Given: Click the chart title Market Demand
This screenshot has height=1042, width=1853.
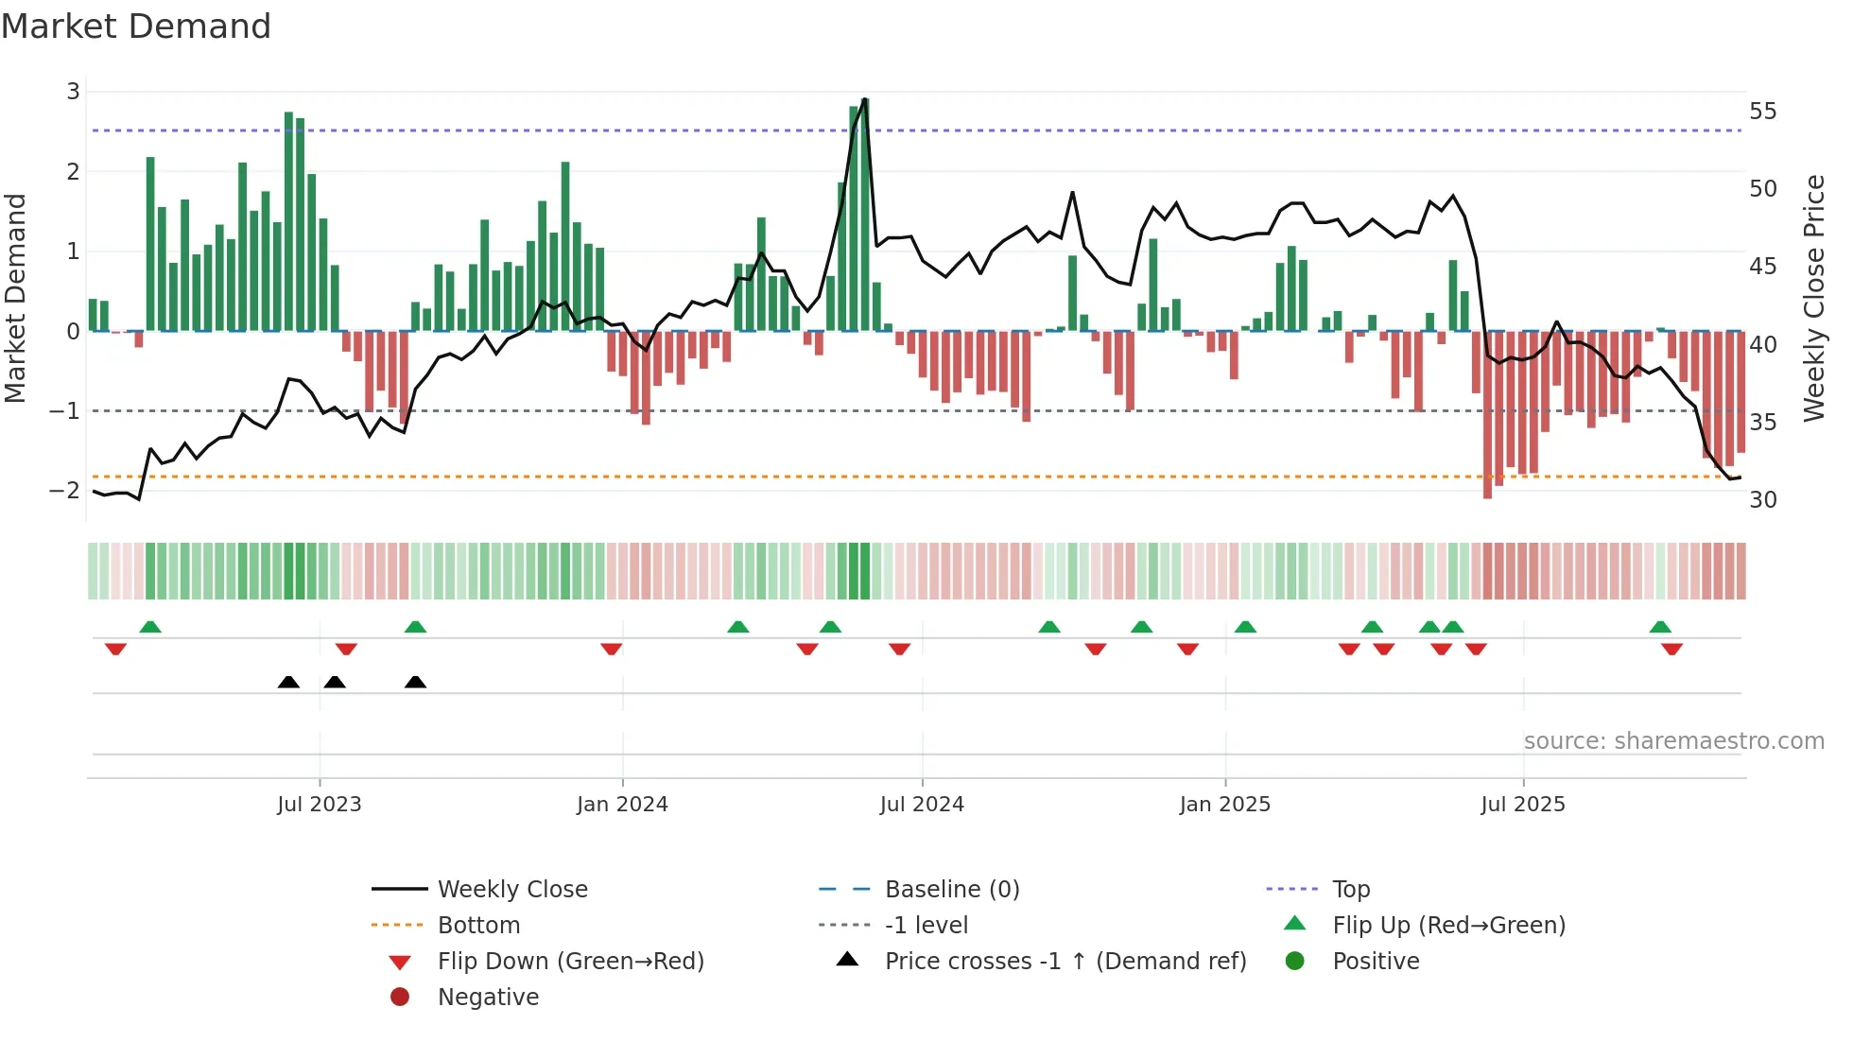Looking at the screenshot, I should (136, 26).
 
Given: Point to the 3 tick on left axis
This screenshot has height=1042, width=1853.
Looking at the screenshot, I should (73, 92).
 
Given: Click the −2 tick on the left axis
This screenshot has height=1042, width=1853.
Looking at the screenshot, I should (65, 490).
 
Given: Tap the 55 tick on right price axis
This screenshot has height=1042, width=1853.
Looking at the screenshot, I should (1762, 112).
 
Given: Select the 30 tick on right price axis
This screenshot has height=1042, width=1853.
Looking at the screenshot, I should (1762, 499).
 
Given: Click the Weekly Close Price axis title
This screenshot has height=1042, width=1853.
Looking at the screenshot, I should (1813, 298).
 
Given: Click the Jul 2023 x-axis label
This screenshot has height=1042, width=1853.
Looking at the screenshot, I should (320, 805).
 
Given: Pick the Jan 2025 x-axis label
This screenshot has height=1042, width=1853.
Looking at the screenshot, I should (1224, 805).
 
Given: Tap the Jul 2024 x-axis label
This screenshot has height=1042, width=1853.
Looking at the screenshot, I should (922, 805).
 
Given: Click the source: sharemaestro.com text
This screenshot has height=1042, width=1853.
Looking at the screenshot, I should (1673, 741).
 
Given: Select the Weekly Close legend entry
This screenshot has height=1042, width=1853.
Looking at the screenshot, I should (511, 890).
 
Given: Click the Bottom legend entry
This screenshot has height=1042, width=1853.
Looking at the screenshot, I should (478, 926).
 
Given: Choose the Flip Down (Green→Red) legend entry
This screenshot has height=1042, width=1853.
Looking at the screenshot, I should (570, 962).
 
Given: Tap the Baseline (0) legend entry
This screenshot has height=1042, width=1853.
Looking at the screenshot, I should (951, 890).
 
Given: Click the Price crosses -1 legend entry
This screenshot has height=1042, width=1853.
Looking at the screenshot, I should (1065, 962).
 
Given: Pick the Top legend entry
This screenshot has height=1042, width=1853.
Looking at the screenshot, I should (1351, 890).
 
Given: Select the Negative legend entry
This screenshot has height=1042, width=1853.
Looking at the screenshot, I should (488, 998).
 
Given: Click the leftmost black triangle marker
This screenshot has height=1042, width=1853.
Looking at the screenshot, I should (288, 682).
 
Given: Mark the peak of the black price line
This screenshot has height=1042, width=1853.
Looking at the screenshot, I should (865, 99).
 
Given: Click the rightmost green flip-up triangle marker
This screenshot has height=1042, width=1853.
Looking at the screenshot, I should (1660, 626).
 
